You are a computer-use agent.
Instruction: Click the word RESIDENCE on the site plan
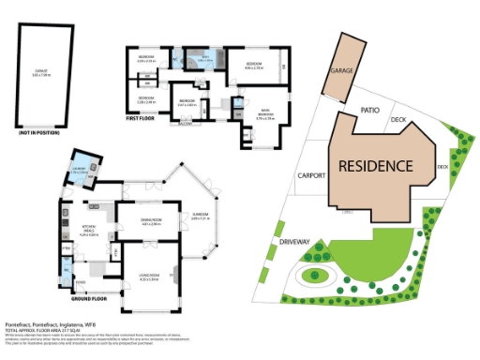(x=375, y=166)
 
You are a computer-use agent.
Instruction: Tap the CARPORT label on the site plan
(x=310, y=175)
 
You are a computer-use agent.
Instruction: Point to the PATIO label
(x=369, y=110)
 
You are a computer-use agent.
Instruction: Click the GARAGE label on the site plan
(x=339, y=71)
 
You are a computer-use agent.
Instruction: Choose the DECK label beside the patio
(x=397, y=119)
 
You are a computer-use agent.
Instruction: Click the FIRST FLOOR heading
(x=142, y=119)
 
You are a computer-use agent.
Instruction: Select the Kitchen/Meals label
(x=90, y=232)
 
